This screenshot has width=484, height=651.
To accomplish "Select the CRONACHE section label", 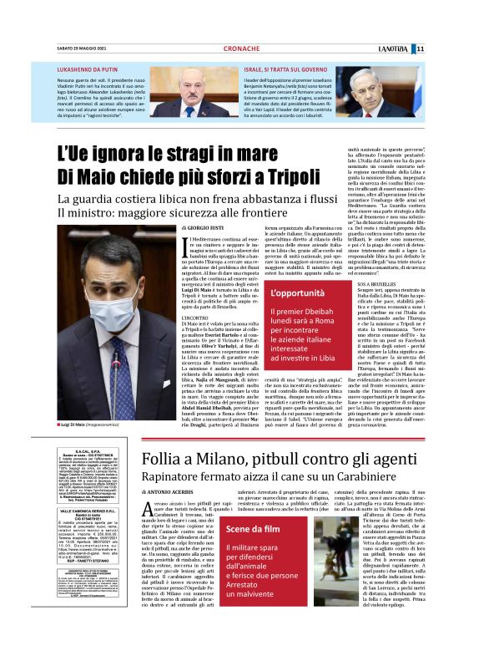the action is pyautogui.click(x=242, y=48).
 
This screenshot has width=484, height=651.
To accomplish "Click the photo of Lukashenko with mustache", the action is pyautogui.click(x=194, y=91).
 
